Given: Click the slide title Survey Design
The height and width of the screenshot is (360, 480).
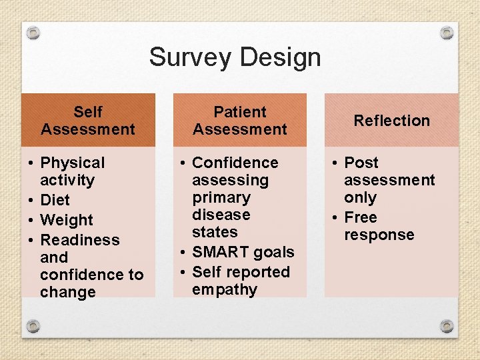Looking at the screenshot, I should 235,57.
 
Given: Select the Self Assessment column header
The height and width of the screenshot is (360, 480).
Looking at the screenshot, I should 88,121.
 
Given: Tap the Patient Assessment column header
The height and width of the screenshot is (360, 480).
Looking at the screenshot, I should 240,121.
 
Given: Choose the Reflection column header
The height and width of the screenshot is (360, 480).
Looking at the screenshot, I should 391,121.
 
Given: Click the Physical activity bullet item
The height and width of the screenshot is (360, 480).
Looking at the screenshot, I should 72,171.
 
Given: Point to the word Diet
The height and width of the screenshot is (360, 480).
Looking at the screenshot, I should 55,200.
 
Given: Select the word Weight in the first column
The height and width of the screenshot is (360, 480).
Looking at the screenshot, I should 67,220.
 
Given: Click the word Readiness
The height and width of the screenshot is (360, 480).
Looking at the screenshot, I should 79,240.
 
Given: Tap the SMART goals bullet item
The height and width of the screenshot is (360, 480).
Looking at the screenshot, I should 243,252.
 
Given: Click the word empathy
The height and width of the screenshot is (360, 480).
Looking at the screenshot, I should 224,289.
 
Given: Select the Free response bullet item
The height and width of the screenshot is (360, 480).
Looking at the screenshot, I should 378,226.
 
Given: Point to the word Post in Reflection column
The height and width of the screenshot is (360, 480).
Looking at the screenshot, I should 361,163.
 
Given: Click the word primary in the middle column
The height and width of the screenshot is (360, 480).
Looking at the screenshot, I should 221,197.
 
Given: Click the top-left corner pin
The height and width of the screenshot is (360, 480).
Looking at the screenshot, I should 33,33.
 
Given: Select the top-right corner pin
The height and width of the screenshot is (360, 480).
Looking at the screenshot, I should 447,33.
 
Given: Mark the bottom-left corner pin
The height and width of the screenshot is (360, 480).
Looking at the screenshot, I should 33,326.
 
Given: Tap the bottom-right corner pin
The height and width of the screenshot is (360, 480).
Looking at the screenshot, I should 447,326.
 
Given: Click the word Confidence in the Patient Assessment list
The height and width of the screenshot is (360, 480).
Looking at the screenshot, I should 235,163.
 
